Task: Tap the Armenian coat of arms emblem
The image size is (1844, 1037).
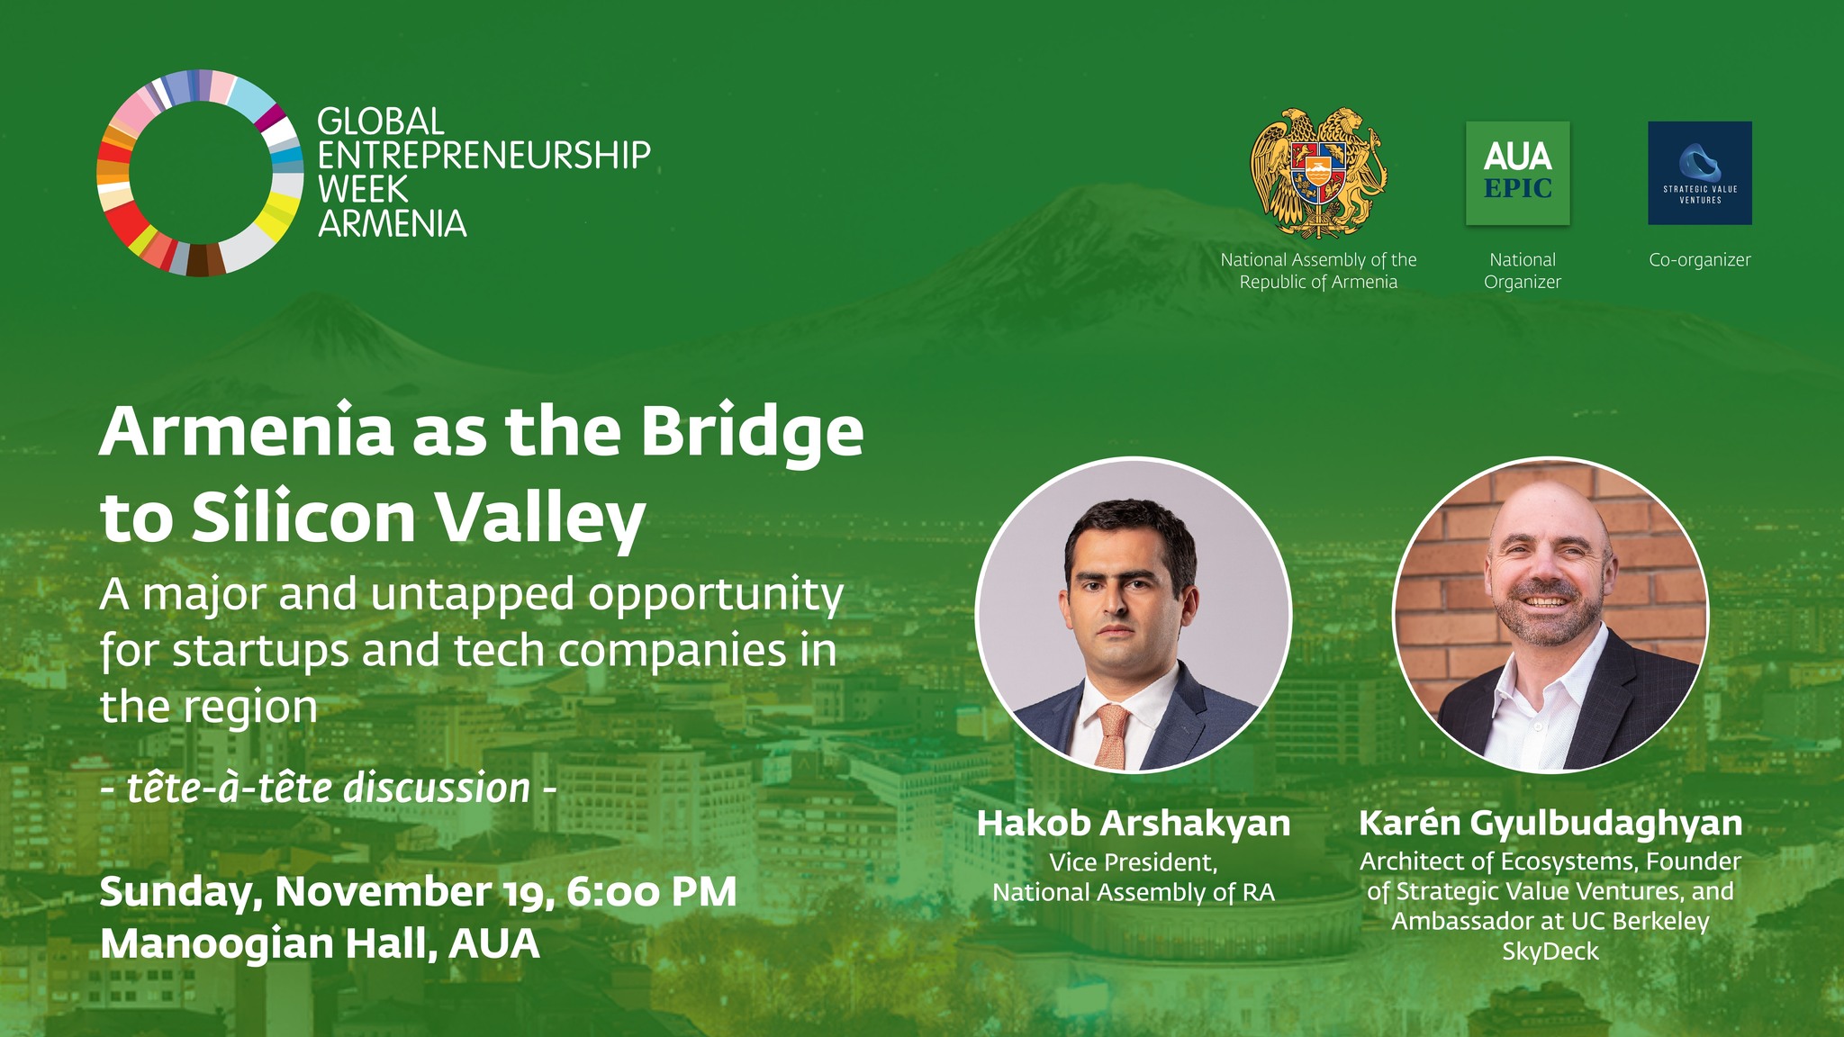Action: [1318, 172]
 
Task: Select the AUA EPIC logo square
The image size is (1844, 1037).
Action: [1518, 173]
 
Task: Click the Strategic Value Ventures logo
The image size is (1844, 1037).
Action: [1700, 173]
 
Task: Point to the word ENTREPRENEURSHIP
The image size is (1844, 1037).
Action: [484, 155]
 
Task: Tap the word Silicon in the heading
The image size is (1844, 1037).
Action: [303, 518]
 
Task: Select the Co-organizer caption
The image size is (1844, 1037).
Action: [1700, 260]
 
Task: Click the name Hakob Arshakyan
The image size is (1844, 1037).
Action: [1134, 824]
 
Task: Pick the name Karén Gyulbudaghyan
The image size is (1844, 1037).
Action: [1550, 824]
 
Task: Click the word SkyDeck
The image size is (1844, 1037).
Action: [1550, 951]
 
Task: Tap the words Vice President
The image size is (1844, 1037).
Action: [1134, 862]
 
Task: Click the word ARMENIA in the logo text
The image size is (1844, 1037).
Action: [393, 223]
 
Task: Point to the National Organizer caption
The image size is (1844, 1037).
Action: [1523, 271]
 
